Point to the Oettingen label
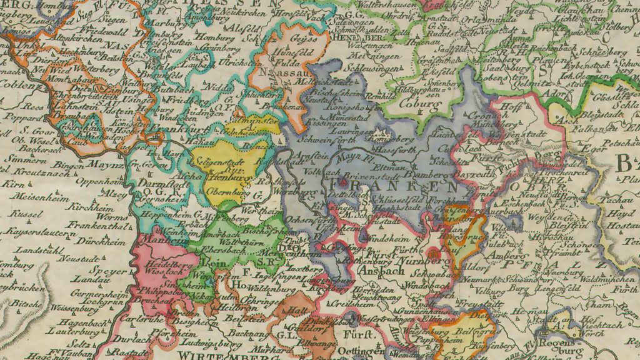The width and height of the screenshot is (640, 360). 368,352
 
